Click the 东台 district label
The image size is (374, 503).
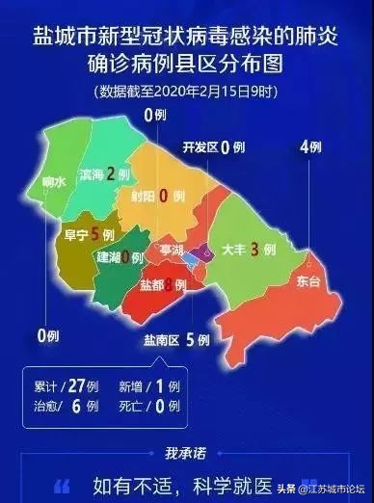(x=308, y=282)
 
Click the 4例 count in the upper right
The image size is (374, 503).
(x=308, y=147)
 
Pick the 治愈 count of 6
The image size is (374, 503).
(x=77, y=407)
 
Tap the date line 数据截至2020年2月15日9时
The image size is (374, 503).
(x=187, y=92)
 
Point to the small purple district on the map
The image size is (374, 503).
(x=202, y=253)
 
